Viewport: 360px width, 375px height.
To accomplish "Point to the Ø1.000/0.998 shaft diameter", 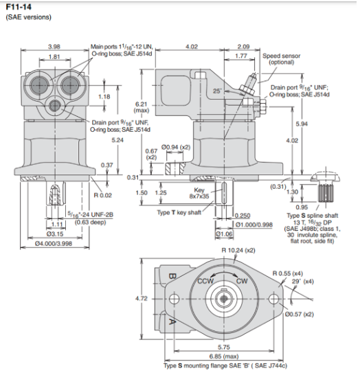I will (x=252, y=224).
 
